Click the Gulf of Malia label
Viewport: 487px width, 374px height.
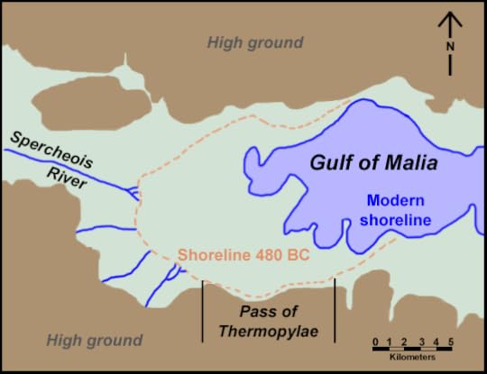click(x=373, y=164)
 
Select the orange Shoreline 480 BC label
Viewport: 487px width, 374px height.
click(x=243, y=256)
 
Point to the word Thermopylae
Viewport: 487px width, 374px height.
click(x=267, y=330)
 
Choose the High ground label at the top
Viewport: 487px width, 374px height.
click(x=254, y=42)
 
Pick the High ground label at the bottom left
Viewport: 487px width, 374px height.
click(x=94, y=340)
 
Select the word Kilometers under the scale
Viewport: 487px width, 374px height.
click(x=411, y=360)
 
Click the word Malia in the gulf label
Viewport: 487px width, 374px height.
click(x=409, y=164)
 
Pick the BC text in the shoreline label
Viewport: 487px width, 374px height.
click(x=298, y=256)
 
